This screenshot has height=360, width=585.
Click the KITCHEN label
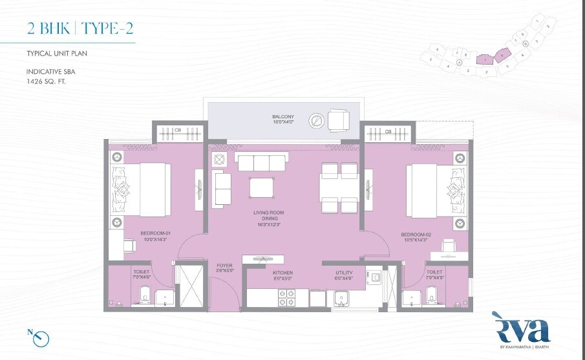pos(283,273)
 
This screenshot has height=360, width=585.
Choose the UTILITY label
pos(344,273)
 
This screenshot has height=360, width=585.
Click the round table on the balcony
pos(316,120)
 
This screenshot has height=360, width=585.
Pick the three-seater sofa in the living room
pos(259,163)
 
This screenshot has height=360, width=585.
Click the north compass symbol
pos(41,337)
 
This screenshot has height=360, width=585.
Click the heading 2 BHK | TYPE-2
pos(81,28)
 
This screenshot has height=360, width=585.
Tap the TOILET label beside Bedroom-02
pos(435,273)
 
